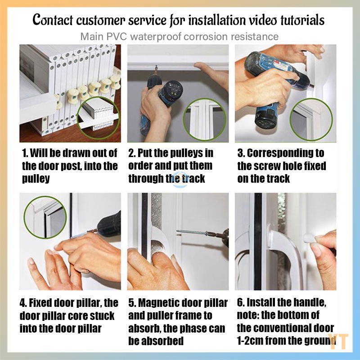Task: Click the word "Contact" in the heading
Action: (x=53, y=20)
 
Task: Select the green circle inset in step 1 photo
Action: (x=98, y=118)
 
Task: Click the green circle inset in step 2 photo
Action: (x=205, y=119)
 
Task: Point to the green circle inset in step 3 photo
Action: (x=311, y=119)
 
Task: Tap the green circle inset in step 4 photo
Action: (x=45, y=217)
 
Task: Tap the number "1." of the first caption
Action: (x=25, y=153)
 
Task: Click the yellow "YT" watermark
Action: (x=338, y=342)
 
